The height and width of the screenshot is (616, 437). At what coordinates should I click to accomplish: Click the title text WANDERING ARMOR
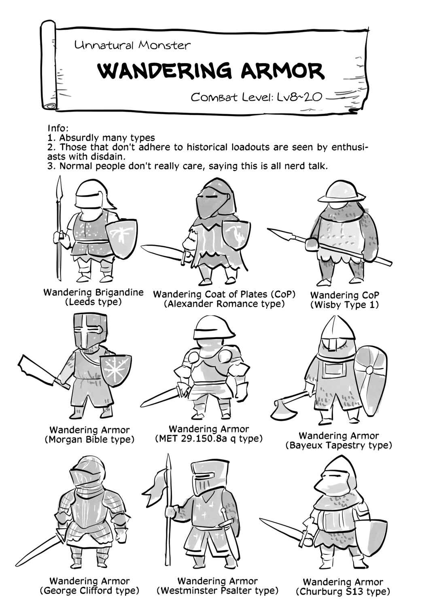click(211, 70)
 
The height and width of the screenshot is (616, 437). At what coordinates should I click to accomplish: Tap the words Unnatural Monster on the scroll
click(133, 45)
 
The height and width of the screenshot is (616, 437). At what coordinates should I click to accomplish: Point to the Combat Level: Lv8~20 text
click(256, 97)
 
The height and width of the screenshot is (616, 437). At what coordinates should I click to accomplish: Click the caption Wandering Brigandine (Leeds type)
click(93, 297)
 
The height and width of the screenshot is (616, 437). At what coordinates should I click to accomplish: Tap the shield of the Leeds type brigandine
click(121, 238)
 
